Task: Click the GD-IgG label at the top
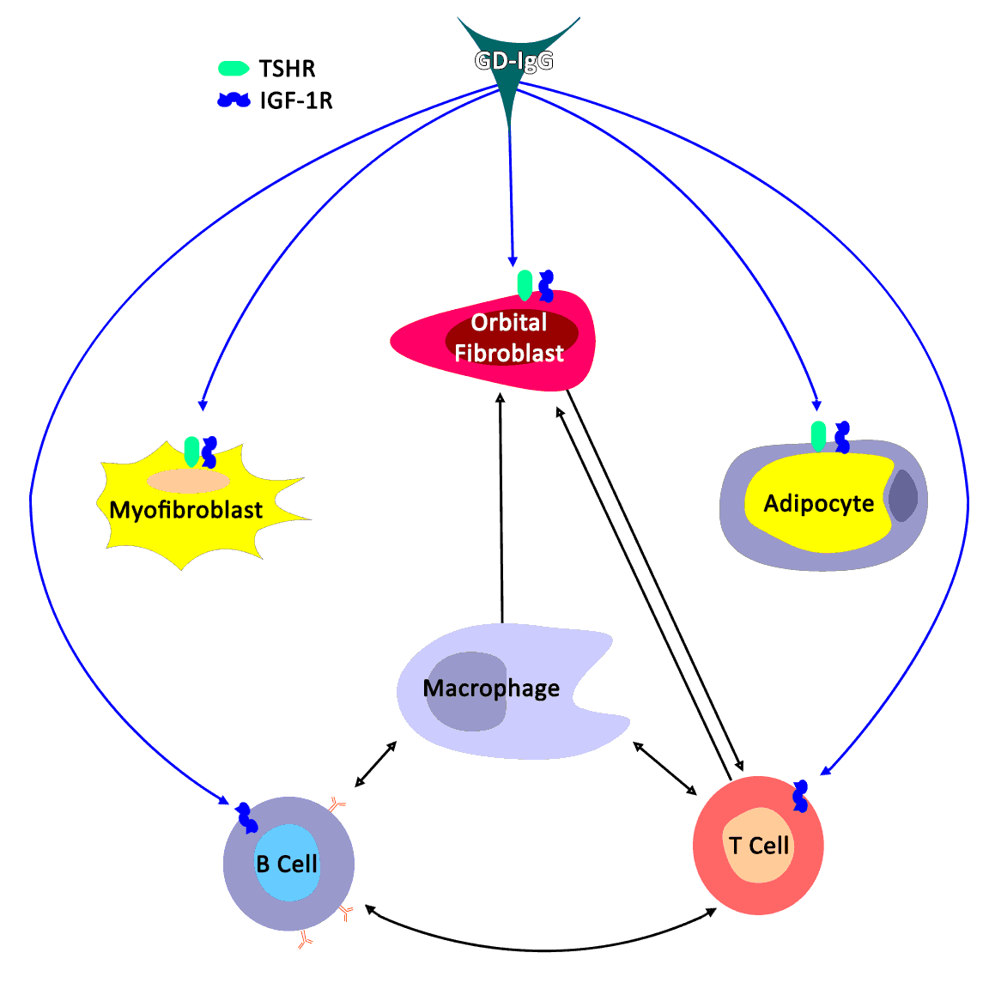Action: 513,61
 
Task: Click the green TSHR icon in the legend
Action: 234,68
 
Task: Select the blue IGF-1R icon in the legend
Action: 234,100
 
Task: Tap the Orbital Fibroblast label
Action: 509,337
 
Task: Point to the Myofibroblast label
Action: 186,510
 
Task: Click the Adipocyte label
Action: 819,503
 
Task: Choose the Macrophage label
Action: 491,689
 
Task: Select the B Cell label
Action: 287,864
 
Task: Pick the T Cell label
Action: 759,846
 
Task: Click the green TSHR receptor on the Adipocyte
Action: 818,435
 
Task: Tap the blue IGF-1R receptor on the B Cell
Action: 247,817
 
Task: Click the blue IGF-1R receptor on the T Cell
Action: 801,796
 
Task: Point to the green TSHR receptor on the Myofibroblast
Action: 191,451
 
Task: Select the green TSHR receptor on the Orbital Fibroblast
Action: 525,285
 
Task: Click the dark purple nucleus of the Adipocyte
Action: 902,496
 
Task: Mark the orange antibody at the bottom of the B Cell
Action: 305,940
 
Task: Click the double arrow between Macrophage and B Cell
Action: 376,764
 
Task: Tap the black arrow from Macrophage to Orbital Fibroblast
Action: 501,507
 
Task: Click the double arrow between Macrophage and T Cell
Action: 664,768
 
